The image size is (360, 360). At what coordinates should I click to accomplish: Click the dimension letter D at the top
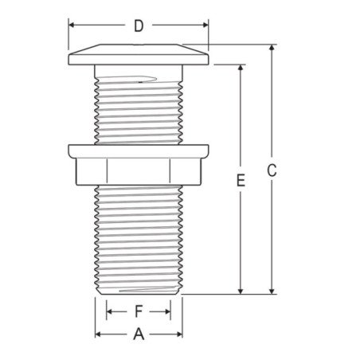139,25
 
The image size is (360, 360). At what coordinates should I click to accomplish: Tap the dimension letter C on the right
272,170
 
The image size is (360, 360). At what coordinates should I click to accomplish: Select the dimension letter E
241,180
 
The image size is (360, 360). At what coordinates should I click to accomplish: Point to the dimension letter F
139,311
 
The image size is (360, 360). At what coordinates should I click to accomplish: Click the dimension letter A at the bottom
139,334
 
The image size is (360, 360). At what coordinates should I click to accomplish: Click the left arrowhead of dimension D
72,25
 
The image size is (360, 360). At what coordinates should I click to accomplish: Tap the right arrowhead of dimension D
205,25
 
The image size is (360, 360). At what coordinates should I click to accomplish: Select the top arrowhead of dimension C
272,48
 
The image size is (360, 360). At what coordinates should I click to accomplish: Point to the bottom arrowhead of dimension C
272,292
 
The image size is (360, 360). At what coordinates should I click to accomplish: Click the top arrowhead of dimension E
241,68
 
